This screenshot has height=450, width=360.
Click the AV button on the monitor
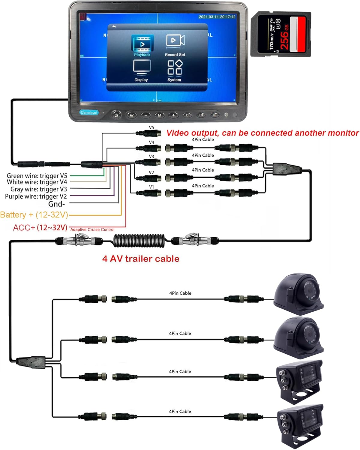click(131, 115)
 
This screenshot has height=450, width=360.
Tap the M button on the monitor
click(160, 115)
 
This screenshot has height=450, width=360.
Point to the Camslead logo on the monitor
click(89, 112)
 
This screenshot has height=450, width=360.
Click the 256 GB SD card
click(280, 34)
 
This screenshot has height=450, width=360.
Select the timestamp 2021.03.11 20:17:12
click(217, 17)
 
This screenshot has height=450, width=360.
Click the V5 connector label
click(151, 127)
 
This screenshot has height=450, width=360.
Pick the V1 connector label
click(151, 187)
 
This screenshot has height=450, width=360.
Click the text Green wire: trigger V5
click(37, 176)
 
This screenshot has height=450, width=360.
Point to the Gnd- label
click(57, 204)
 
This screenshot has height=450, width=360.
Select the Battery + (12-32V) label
click(34, 215)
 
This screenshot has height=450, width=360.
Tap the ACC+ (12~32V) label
click(40, 228)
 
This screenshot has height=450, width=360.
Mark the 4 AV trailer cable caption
click(141, 259)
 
